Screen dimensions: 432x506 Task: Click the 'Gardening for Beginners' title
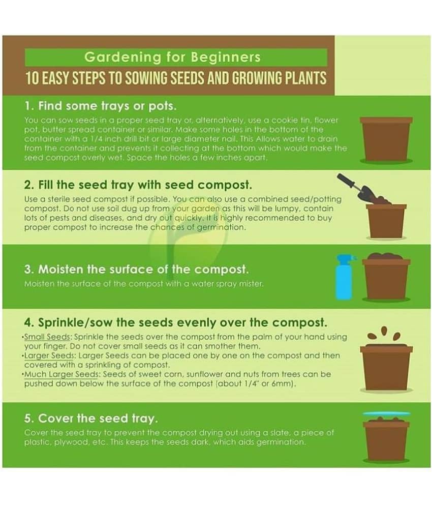coord(172,57)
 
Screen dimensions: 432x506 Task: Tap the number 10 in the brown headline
coord(32,78)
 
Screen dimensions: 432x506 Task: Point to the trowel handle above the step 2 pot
coord(345,181)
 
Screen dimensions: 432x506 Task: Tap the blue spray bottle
coord(344,277)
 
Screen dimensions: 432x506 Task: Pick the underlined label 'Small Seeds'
coord(47,337)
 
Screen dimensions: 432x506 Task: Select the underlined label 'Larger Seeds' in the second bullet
coord(50,355)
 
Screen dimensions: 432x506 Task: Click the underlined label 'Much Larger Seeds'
coord(61,374)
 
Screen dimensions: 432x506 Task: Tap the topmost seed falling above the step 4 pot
coord(384,331)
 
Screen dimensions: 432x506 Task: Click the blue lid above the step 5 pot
coord(386,414)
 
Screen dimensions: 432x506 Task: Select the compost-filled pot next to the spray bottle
coord(386,277)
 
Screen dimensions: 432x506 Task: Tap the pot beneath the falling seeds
coord(386,368)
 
